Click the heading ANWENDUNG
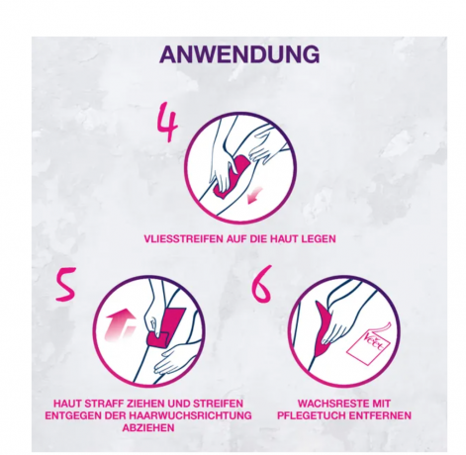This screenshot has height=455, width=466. coord(239,54)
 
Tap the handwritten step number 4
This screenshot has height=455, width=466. coord(167,123)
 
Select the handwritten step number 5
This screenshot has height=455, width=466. coord(65,284)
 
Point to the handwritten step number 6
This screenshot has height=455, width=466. coord(261,284)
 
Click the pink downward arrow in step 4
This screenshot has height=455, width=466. coord(254,195)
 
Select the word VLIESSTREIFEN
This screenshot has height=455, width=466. coord(184,238)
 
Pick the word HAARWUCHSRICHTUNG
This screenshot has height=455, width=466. coord(190,415)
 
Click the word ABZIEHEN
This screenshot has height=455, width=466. coord(148,427)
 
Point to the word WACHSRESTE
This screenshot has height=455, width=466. coord(330,404)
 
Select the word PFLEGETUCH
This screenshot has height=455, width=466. coord(311,415)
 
